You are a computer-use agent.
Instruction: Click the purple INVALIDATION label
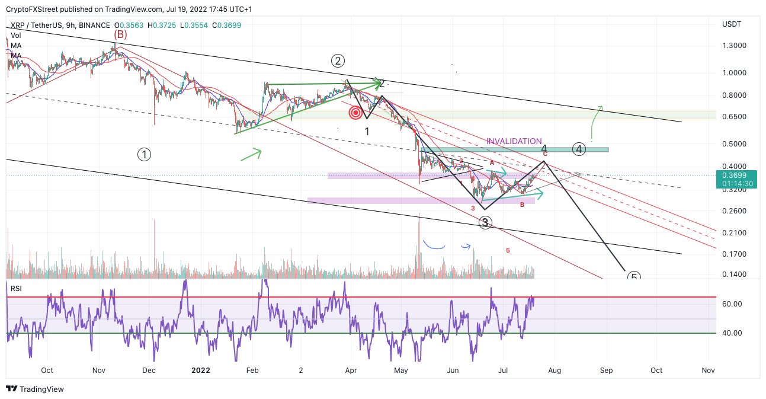[x=514, y=141]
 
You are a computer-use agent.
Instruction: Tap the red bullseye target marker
[x=355, y=113]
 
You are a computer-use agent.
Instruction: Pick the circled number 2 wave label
[x=338, y=60]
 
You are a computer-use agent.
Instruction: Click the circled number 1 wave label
[x=144, y=155]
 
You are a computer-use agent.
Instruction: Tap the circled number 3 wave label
[x=485, y=223]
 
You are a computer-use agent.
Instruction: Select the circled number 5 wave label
[x=633, y=277]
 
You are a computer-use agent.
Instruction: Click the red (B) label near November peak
[x=120, y=34]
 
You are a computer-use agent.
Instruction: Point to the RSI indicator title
[x=16, y=289]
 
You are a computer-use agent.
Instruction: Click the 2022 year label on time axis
[x=201, y=371]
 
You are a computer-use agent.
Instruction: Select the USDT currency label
[x=731, y=25]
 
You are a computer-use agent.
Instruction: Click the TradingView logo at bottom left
[x=35, y=390]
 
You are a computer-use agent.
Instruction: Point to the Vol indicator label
[x=16, y=36]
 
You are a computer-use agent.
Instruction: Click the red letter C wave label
[x=545, y=154]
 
